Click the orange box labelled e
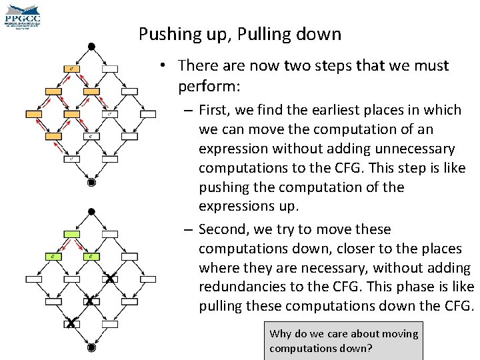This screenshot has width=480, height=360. [x=72, y=68]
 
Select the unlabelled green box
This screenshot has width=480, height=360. [x=72, y=234]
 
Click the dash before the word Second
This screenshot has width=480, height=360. [x=189, y=230]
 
